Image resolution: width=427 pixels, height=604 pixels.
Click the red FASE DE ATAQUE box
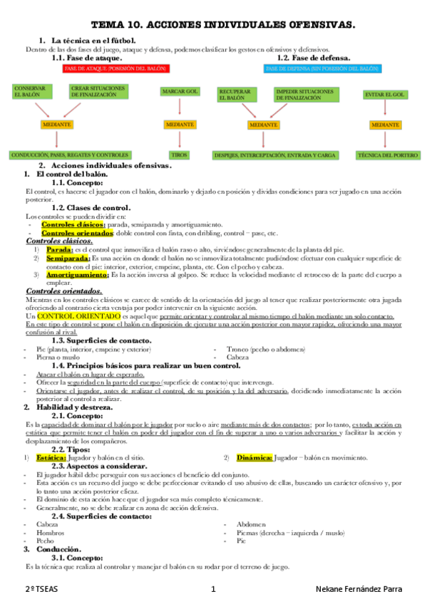(x=117, y=69)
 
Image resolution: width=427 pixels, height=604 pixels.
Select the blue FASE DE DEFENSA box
(x=321, y=69)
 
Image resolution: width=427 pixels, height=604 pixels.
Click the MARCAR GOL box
(x=180, y=92)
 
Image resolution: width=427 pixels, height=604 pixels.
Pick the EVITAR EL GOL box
(x=384, y=94)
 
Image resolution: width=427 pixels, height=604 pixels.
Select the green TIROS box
(x=179, y=154)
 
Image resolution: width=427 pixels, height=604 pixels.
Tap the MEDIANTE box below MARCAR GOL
(x=179, y=124)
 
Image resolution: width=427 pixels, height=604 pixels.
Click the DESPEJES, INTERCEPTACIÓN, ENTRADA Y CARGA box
(x=265, y=154)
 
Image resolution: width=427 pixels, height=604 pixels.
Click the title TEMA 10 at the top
(x=214, y=26)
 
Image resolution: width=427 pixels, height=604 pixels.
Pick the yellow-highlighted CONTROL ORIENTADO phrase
(x=78, y=315)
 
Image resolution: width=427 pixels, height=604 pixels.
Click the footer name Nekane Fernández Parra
(x=358, y=590)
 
